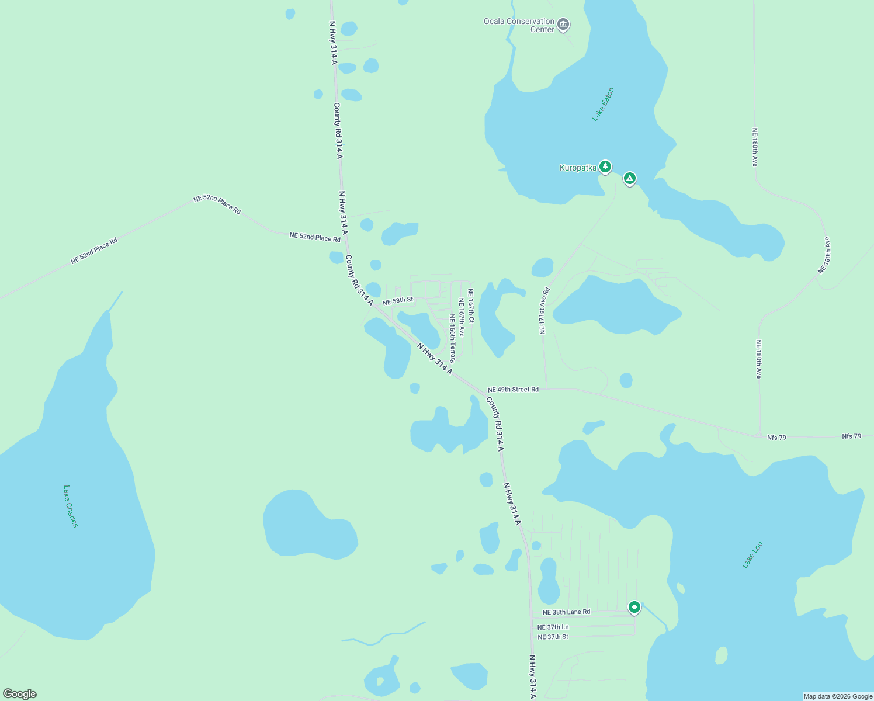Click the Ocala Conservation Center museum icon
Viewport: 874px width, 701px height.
[563, 25]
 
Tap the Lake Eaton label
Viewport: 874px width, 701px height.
[603, 105]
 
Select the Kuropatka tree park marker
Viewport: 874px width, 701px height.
[605, 167]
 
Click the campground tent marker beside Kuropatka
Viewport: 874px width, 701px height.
[629, 178]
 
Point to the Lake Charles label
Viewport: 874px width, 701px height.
[70, 506]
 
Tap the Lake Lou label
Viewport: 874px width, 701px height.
[752, 555]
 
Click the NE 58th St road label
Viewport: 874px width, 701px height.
[398, 301]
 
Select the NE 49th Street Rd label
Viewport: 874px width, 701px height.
[513, 390]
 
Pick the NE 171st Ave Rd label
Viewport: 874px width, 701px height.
[544, 310]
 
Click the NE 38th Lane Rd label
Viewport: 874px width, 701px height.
[566, 612]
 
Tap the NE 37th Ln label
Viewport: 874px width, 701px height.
[553, 627]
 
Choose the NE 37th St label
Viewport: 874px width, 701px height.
[553, 637]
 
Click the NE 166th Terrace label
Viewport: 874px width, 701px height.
[452, 338]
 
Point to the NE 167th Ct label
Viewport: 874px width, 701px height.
[470, 307]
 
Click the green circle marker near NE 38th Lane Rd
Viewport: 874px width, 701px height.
[634, 607]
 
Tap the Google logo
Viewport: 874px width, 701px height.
[20, 694]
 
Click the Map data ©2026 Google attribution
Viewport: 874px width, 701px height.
[838, 696]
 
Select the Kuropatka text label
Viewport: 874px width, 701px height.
[578, 168]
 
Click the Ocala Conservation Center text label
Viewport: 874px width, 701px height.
[519, 25]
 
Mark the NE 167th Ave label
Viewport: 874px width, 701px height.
[461, 317]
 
